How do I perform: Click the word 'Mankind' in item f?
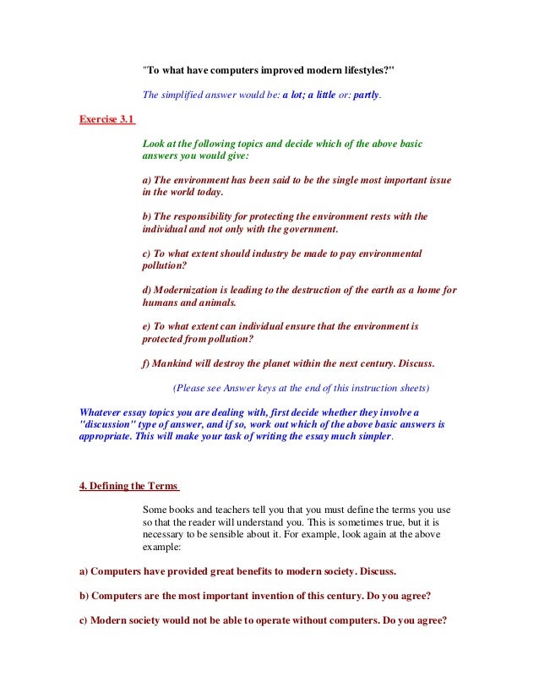click(x=175, y=363)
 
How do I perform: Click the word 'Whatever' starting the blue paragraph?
click(x=102, y=412)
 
